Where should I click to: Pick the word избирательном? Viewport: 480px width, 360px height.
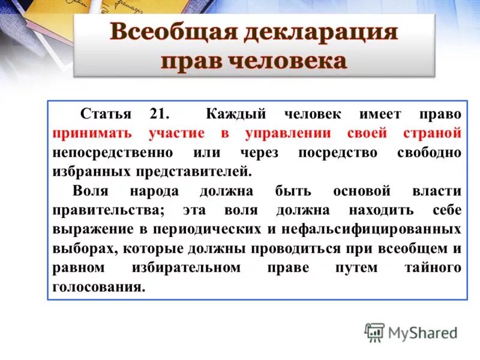click(185, 268)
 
